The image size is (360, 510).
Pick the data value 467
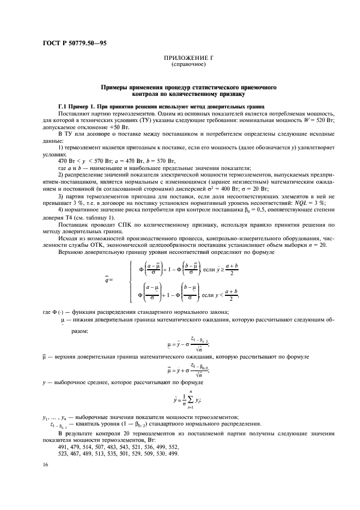tap(78, 454)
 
